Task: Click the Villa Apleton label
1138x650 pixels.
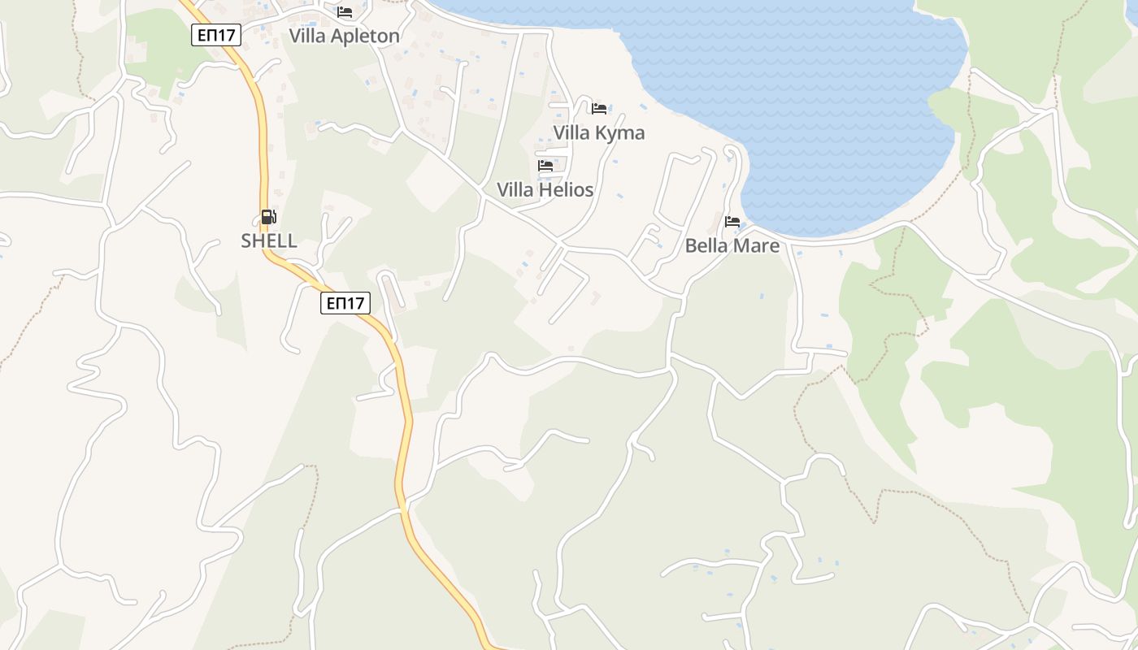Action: click(x=345, y=36)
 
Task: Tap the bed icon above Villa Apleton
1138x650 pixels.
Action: click(x=345, y=12)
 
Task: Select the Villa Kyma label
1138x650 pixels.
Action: click(x=599, y=132)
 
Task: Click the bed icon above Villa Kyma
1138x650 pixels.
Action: click(x=599, y=109)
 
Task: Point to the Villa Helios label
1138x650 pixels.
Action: click(x=545, y=189)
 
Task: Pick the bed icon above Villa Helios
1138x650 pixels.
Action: click(x=545, y=166)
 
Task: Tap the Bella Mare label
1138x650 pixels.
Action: click(x=732, y=245)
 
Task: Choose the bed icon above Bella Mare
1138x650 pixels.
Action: click(x=732, y=222)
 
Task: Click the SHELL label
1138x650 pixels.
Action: click(x=269, y=240)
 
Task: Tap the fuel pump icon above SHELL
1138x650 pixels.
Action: click(x=269, y=217)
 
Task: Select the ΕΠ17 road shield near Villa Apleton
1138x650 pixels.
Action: click(x=216, y=35)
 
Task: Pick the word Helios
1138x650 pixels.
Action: click(x=567, y=189)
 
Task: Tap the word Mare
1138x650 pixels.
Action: click(x=758, y=245)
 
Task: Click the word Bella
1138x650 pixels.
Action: click(x=706, y=245)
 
